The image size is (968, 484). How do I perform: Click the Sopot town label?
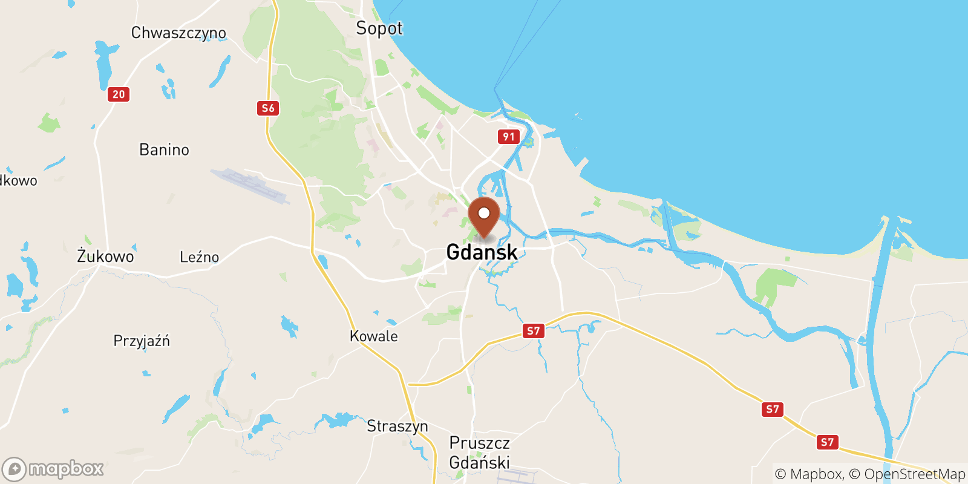coord(379,28)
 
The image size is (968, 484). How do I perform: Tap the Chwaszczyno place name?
coord(178,33)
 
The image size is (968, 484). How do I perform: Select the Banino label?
coord(164,149)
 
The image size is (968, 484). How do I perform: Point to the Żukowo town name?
coord(105,257)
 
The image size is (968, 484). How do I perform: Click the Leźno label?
coord(199,257)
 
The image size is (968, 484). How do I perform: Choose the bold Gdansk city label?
coord(482,252)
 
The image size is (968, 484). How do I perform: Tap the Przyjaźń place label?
coord(142,341)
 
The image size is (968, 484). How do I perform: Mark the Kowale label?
coord(373,336)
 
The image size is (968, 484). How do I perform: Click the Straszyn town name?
coord(397,426)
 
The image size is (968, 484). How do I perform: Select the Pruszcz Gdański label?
coord(479,453)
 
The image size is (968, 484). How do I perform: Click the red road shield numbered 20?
coord(119,94)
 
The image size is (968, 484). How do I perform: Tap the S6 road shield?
coord(267,108)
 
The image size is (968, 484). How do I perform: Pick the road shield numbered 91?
coord(509,137)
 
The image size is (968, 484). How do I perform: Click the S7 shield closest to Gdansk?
coord(533,331)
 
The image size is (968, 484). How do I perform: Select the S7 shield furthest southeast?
coord(827,442)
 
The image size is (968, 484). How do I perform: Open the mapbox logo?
coord(53,469)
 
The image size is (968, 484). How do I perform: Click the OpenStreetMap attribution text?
coord(914,474)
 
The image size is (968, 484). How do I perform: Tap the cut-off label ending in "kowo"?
coord(18,180)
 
